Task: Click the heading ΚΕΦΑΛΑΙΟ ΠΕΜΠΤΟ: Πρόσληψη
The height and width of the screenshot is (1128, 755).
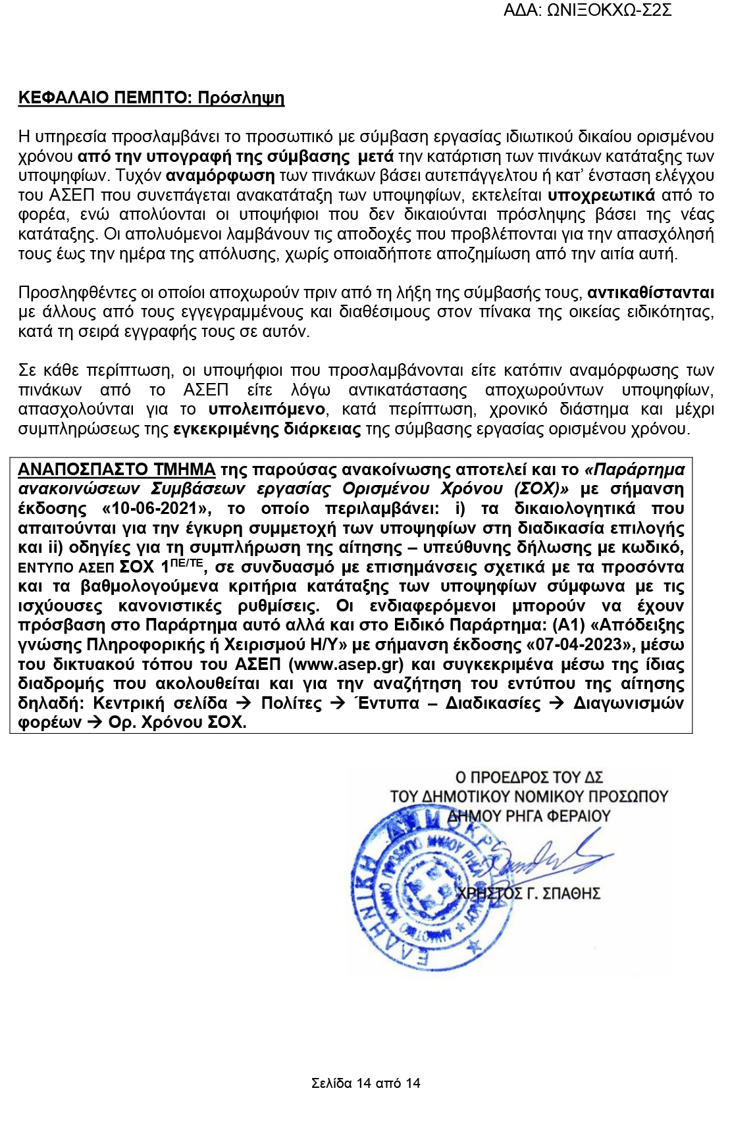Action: click(x=151, y=98)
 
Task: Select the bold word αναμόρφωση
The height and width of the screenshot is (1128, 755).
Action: click(x=220, y=176)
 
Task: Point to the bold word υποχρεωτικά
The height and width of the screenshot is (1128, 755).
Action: click(x=601, y=195)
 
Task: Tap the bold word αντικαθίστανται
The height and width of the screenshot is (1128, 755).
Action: click(x=650, y=293)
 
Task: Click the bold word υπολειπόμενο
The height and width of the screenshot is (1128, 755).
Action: click(x=267, y=409)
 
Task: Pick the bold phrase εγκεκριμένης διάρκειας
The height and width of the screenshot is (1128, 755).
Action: click(x=267, y=430)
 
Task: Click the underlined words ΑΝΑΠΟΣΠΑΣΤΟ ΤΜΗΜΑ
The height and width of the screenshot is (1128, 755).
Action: click(x=117, y=470)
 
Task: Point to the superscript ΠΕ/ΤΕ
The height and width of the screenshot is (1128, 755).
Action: click(x=186, y=563)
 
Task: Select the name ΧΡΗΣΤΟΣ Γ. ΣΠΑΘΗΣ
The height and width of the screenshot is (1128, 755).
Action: click(x=529, y=894)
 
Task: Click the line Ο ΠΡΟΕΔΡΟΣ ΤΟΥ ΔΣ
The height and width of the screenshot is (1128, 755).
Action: click(x=529, y=777)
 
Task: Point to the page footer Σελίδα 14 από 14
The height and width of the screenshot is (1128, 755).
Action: click(x=365, y=1083)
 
